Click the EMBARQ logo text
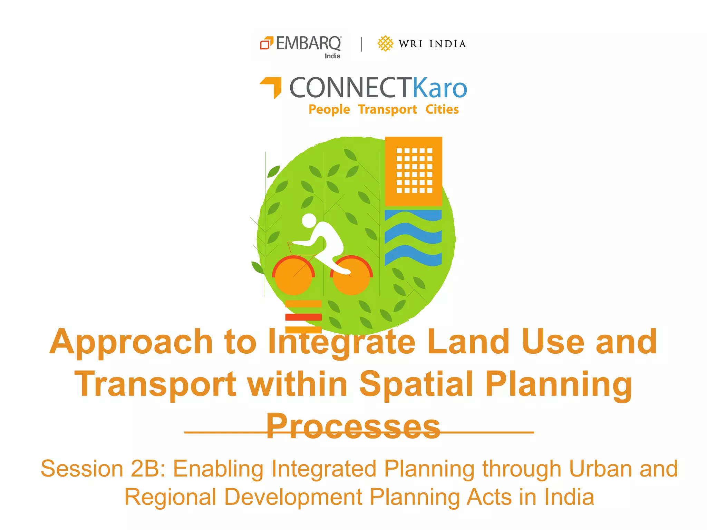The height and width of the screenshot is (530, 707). coord(308,44)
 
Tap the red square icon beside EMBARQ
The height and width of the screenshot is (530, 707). coord(266,43)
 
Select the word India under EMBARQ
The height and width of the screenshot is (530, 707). coord(332,56)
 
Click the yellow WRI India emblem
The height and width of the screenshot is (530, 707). coord(385,43)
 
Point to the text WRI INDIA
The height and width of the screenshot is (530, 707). coord(432,44)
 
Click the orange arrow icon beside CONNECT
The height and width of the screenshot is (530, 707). coord(272,86)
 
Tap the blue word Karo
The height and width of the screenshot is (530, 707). coord(440,88)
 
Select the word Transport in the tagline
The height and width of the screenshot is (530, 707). coord(387,109)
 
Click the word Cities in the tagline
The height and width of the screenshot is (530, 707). coord(442,109)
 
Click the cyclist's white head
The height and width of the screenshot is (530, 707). coord(309,220)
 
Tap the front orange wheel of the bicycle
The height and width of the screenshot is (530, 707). coord(293,276)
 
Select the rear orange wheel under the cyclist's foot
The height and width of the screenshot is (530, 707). coord(351,276)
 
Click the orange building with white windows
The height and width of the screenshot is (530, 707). coord(413,171)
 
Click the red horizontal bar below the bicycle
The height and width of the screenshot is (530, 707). coord(303,317)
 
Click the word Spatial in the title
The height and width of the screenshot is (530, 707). coord(416,384)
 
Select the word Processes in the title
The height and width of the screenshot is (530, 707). coord(353,426)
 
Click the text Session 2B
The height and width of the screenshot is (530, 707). coord(103,469)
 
